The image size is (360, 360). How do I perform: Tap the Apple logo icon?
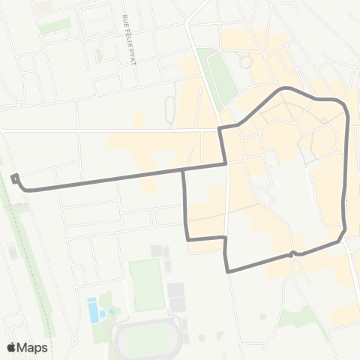(12, 346)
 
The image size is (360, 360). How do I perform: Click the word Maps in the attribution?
(34, 347)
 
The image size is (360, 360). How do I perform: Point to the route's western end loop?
(15, 178)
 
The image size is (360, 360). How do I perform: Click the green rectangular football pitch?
(147, 286)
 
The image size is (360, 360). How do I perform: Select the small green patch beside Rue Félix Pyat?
(99, 55)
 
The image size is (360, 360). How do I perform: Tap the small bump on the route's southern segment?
(292, 254)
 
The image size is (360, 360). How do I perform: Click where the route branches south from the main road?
(184, 170)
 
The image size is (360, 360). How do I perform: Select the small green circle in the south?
(263, 316)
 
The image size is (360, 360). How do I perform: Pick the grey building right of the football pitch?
(177, 296)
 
